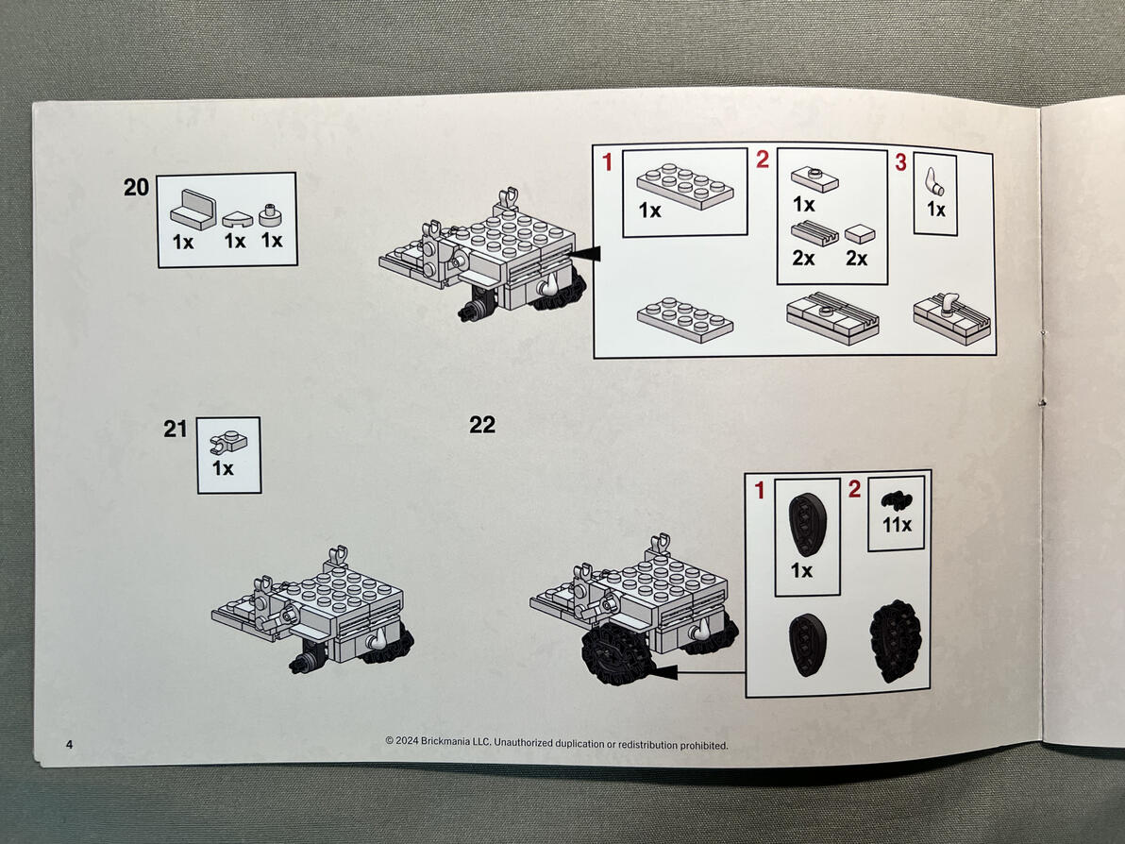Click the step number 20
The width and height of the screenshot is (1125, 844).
[x=136, y=187]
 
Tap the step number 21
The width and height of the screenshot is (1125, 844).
[x=175, y=429]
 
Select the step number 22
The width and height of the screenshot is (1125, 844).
[x=482, y=425]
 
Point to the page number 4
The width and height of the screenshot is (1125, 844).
[x=69, y=744]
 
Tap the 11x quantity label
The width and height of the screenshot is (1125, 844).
[x=897, y=525]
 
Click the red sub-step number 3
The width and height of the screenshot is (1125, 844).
[x=900, y=162]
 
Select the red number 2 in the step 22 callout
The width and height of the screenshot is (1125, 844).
[x=854, y=489]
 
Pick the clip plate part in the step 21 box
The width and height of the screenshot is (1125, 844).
[x=229, y=442]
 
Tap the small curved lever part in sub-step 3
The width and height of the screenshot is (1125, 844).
[x=934, y=182]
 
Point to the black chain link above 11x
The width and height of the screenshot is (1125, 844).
[x=896, y=500]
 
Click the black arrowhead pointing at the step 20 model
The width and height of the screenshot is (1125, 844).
[x=585, y=253]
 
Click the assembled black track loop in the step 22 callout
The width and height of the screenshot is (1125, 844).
[x=895, y=640]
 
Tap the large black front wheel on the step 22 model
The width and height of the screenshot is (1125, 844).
[x=616, y=652]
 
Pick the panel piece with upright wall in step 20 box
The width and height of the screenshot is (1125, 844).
[x=193, y=210]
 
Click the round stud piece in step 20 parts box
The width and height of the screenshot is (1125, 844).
[x=270, y=214]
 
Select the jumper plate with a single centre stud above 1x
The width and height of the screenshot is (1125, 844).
[x=815, y=179]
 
